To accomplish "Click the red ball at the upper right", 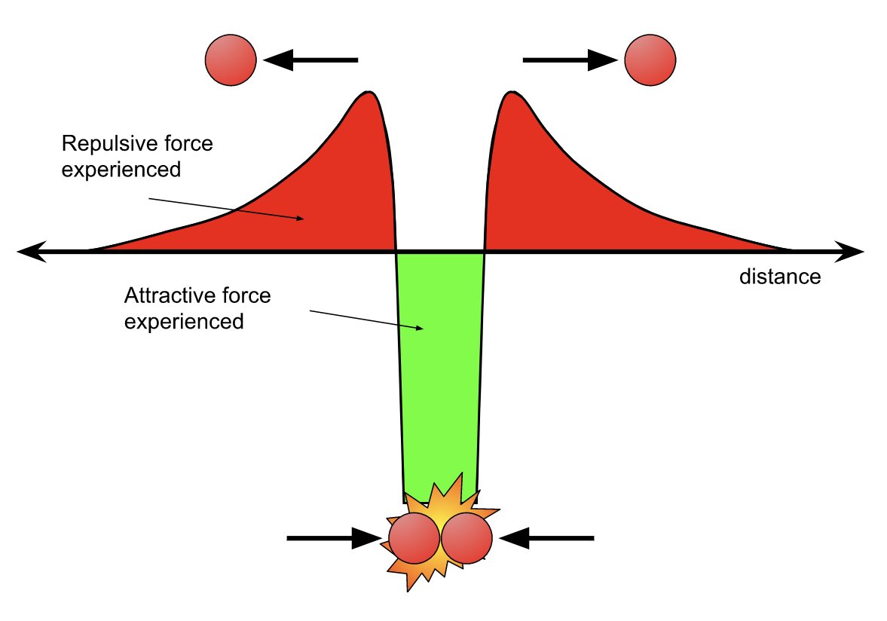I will click(x=650, y=60).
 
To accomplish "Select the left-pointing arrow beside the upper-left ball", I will click(x=310, y=60).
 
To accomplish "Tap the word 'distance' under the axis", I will click(x=779, y=277).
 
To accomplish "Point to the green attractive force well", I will click(x=439, y=377).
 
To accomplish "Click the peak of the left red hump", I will click(x=369, y=93).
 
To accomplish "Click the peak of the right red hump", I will click(x=512, y=93).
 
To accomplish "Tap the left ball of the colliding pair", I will click(x=413, y=539).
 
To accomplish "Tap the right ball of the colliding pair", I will click(x=466, y=539).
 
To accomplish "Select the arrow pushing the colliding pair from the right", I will click(x=546, y=538).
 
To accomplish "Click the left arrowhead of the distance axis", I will click(x=29, y=251).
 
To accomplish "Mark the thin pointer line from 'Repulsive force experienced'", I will click(x=226, y=209).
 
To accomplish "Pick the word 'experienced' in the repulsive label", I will click(x=121, y=170).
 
